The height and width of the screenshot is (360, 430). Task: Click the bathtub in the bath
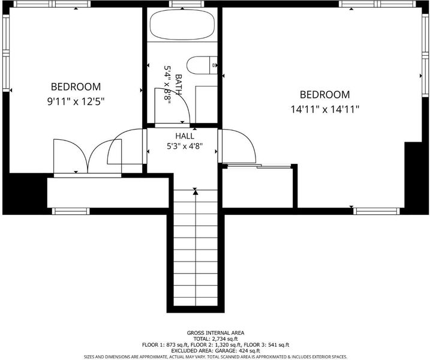coord(182,25)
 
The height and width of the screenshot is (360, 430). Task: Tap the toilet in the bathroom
coord(202,65)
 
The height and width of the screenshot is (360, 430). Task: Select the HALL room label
coord(185,136)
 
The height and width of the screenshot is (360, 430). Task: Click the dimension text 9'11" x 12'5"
coord(76,102)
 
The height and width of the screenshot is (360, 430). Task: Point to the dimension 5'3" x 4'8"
coord(185,146)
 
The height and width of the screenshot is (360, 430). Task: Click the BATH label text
coord(179,84)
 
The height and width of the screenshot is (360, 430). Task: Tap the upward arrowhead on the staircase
coord(196,193)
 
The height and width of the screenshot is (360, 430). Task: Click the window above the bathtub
coord(187,4)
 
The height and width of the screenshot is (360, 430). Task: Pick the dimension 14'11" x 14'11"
coord(325,110)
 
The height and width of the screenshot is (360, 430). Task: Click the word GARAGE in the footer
coord(225,350)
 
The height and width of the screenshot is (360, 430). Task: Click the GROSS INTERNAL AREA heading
coord(215,333)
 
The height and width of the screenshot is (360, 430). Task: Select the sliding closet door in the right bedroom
coord(259,166)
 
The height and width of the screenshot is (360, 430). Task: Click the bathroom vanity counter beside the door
coord(206,104)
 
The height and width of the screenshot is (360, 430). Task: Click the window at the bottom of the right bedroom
coord(375,211)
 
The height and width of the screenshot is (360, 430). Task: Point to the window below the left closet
coord(71,211)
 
